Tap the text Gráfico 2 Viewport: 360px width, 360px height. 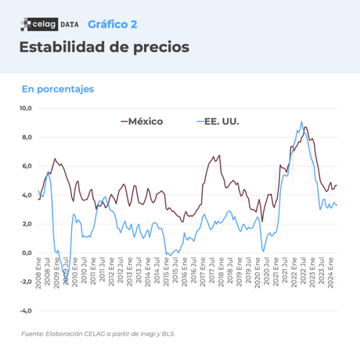point(112,24)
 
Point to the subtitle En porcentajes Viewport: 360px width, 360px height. point(58,88)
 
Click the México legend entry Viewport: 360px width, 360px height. point(142,121)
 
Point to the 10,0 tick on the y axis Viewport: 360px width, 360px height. point(26,108)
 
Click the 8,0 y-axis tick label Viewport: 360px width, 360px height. point(27,137)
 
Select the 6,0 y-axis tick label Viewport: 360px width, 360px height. point(27,166)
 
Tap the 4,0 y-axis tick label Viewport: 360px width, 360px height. point(27,195)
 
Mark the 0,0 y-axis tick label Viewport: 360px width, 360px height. point(27,253)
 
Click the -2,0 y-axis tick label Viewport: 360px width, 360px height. point(26,282)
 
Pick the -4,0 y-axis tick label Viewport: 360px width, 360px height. point(26,311)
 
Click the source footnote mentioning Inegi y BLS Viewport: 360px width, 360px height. point(99,334)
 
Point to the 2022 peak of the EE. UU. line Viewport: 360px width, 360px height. point(301,122)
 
